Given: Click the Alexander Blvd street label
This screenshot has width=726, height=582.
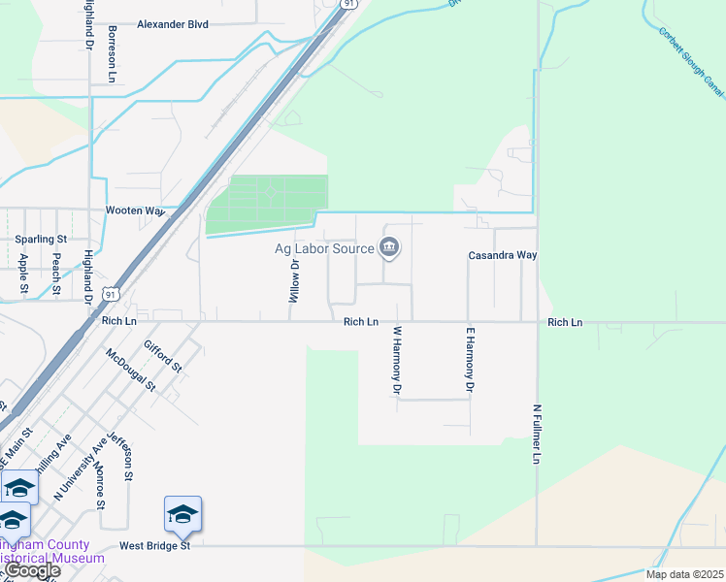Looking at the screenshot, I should [x=173, y=24].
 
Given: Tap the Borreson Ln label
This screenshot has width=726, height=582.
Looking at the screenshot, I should [x=113, y=52].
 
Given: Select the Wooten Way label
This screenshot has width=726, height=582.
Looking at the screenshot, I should [x=136, y=210].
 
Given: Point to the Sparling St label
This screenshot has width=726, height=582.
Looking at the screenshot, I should [x=40, y=239].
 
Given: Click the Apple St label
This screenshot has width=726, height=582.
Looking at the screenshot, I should [x=24, y=274].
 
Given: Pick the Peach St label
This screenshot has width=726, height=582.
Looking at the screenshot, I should [x=56, y=274].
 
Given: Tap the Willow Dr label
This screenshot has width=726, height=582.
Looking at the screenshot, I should [x=294, y=280].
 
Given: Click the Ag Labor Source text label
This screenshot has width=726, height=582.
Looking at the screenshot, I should [x=324, y=249].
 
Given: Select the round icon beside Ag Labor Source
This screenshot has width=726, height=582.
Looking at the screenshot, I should [x=389, y=249].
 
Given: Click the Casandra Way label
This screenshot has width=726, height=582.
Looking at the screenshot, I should [x=503, y=255].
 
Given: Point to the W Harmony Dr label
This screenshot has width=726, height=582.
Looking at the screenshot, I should [x=397, y=360].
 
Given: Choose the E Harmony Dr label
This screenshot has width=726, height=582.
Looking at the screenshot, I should [x=470, y=360].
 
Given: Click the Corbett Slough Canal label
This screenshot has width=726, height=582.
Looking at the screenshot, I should [x=691, y=62].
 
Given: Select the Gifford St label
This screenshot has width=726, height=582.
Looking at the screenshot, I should [x=162, y=356].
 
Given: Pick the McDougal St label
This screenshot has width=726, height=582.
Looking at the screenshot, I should [x=131, y=370].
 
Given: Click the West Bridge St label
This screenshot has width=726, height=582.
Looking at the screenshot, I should [x=154, y=546].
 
